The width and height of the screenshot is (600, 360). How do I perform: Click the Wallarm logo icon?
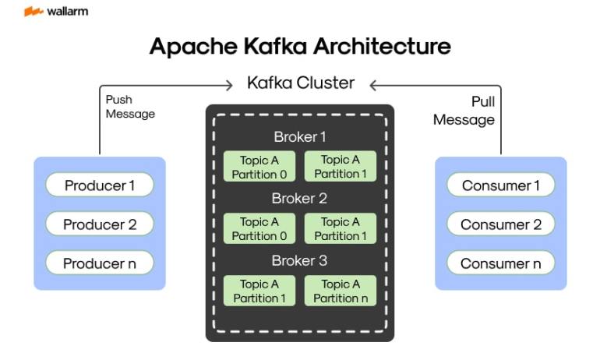tap(34, 12)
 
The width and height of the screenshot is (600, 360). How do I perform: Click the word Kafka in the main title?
tap(275, 46)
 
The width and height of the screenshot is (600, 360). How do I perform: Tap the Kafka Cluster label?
tap(301, 83)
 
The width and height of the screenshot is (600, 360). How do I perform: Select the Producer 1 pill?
tap(100, 185)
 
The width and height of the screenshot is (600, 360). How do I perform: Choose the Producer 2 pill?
tap(100, 224)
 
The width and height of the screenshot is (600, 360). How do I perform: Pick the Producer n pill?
tap(100, 263)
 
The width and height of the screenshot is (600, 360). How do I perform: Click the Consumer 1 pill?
tap(500, 185)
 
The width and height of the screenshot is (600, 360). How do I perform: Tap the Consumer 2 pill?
tap(500, 224)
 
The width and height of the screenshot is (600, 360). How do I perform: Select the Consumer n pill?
tap(500, 263)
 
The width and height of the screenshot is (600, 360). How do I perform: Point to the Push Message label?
tap(130, 107)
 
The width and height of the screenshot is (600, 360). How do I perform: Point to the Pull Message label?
tap(464, 111)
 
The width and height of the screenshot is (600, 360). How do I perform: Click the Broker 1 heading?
tap(300, 137)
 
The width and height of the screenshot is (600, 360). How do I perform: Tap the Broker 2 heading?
tap(299, 199)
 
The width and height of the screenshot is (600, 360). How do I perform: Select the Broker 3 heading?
tap(299, 260)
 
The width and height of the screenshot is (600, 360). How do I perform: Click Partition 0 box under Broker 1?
tap(259, 167)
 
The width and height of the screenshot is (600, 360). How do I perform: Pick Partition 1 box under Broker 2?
tap(341, 228)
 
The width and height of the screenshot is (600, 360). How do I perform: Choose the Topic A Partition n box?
tap(341, 291)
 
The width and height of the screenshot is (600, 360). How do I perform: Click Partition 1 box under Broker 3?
tap(259, 291)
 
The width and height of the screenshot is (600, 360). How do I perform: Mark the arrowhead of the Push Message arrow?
tap(229, 85)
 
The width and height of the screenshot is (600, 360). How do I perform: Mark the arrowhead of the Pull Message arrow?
tap(374, 85)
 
